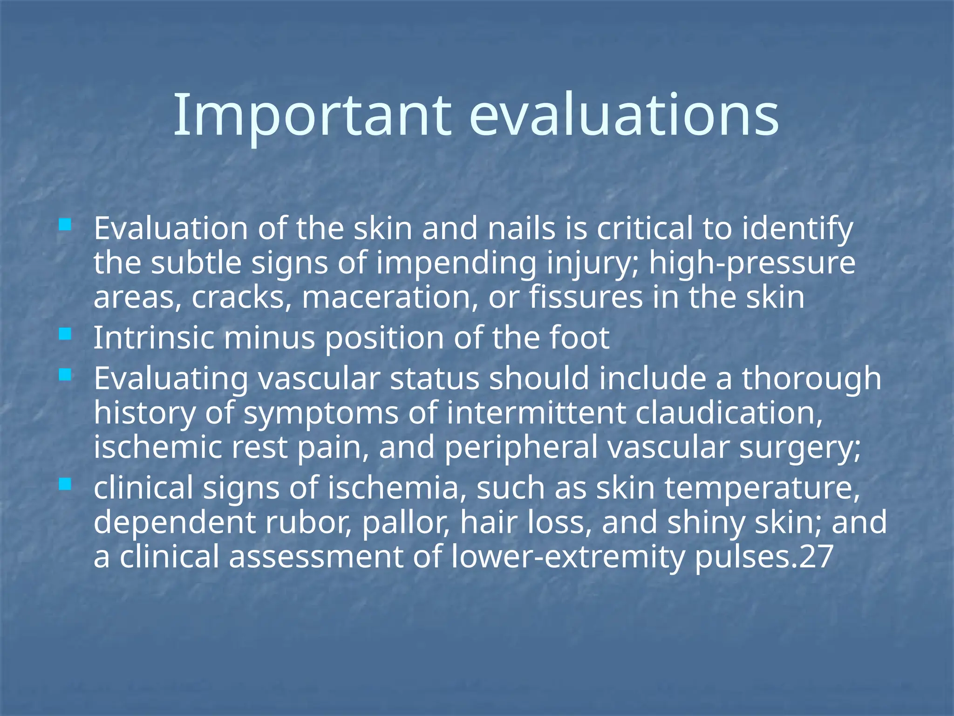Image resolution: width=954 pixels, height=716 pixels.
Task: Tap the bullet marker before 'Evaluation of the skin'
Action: (65, 226)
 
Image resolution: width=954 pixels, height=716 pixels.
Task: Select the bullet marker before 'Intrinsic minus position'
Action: (65, 334)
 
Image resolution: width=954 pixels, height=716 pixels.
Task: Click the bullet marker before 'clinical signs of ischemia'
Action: (65, 484)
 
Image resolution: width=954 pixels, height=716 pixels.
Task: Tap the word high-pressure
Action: (752, 263)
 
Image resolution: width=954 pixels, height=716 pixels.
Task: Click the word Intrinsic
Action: (154, 338)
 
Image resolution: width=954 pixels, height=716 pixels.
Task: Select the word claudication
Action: (729, 413)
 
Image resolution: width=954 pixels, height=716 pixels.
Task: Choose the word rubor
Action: (309, 523)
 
